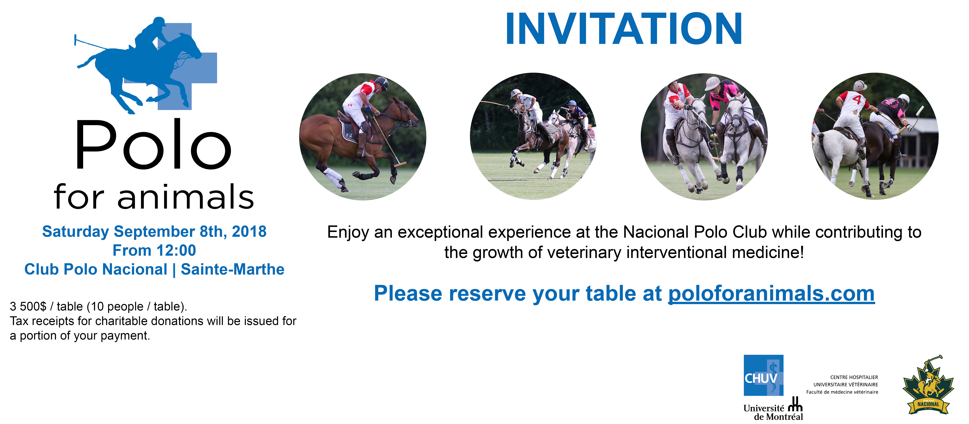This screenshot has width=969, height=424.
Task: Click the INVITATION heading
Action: (x=624, y=29)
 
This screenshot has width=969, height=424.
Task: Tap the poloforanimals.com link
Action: (x=771, y=293)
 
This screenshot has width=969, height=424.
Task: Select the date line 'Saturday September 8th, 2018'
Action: (x=154, y=231)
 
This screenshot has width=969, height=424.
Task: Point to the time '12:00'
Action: (x=176, y=250)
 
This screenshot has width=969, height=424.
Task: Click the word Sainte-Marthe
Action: (x=232, y=269)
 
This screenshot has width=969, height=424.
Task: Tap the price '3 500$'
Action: (x=28, y=306)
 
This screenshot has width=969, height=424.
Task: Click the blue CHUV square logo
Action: (x=763, y=375)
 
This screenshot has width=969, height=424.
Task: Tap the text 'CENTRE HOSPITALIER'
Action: (x=854, y=377)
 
